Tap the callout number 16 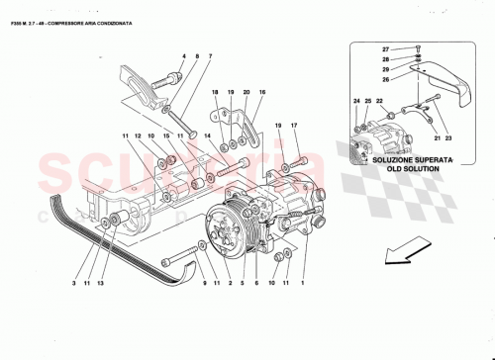[263, 91]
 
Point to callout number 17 [294, 126]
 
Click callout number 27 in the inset [387, 47]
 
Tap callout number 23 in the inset [435, 140]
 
